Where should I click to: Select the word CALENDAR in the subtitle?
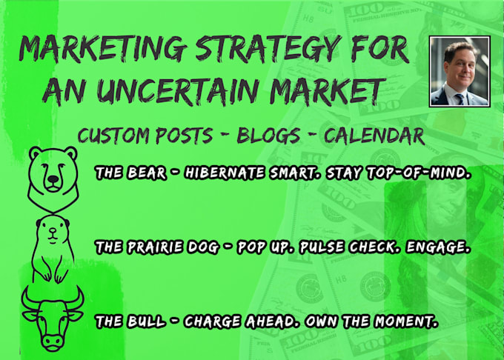click(x=374, y=136)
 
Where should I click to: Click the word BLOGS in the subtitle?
click(x=268, y=136)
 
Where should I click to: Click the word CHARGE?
click(x=212, y=321)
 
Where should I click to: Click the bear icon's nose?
click(x=53, y=179)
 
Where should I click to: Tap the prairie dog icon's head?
click(x=53, y=229)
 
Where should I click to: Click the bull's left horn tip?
click(x=27, y=287)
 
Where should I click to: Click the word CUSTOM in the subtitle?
click(x=113, y=136)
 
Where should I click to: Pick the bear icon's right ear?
click(x=70, y=153)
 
